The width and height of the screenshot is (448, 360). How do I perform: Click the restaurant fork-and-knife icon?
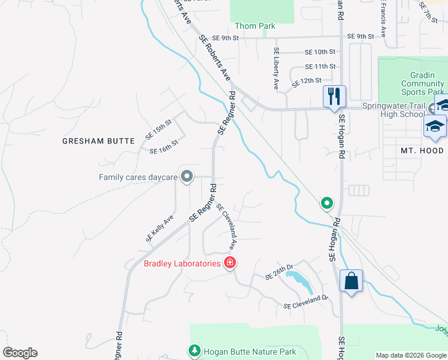[x=334, y=95]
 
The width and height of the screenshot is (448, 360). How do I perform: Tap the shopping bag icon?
[x=351, y=280]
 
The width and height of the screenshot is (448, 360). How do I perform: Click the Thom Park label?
[x=255, y=26]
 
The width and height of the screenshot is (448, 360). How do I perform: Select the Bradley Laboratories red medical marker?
[x=229, y=263]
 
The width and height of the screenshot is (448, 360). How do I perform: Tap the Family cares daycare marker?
[x=187, y=176]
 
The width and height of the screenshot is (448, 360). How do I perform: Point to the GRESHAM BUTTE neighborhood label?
[x=99, y=141]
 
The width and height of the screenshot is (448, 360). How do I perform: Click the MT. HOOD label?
[x=423, y=151]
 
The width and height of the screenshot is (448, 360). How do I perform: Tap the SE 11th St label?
[x=320, y=66]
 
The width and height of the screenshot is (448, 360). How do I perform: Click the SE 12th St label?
[x=307, y=80]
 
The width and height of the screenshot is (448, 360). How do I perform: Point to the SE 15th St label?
[x=159, y=130]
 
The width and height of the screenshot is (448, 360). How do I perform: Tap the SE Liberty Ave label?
[x=276, y=68]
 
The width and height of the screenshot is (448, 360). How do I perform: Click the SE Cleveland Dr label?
[x=307, y=301]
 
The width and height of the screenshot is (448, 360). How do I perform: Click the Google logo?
[x=20, y=353]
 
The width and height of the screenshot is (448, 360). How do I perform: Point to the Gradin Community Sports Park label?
[x=422, y=83]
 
